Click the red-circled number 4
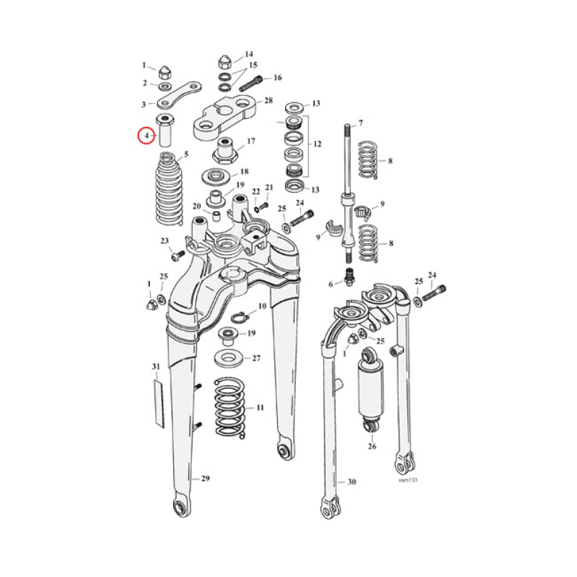(146, 135)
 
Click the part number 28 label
(268, 100)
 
